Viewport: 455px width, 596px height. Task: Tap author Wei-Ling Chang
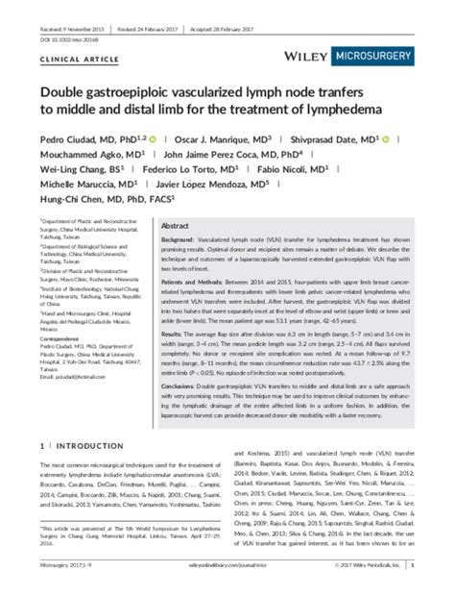[77, 168]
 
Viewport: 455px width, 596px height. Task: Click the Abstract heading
[176, 223]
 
